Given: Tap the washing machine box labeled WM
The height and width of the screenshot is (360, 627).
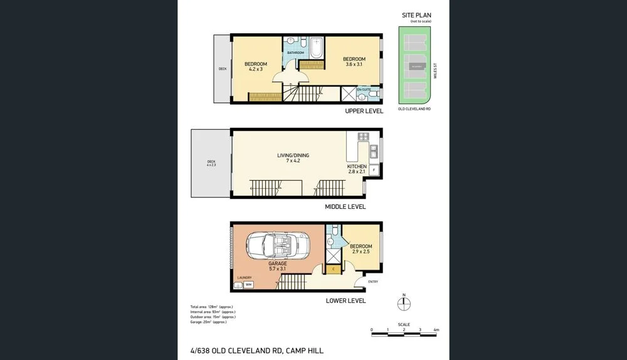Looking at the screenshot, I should click(x=248, y=285).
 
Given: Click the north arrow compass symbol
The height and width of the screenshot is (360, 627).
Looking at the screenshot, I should click(x=404, y=303).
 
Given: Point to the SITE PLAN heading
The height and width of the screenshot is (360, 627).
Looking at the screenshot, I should click(x=416, y=15).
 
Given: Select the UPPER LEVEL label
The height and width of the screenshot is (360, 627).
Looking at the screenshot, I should click(x=364, y=111).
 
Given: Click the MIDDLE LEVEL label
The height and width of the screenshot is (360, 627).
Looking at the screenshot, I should click(x=345, y=206).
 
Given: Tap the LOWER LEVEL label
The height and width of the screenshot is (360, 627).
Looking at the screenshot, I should click(x=345, y=301).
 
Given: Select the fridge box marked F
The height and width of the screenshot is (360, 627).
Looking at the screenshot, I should click(x=374, y=170).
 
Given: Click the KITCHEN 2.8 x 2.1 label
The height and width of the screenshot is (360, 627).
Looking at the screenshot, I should click(x=356, y=169).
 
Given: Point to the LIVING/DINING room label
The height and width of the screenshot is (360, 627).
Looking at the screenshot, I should click(x=293, y=158).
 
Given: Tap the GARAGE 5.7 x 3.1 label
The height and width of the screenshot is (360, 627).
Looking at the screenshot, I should click(x=277, y=266).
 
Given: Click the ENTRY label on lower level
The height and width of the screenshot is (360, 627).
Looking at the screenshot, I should click(x=373, y=282).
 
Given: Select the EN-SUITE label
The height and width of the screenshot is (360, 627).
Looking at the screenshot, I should click(x=364, y=90).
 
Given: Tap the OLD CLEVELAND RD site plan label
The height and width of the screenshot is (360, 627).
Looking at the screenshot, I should click(x=414, y=109).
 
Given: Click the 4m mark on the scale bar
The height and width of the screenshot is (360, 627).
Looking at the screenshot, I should click(x=436, y=330).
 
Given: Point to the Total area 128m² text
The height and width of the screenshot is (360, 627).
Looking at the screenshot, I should click(x=212, y=307).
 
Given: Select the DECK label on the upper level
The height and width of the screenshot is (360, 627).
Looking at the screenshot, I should click(x=222, y=69).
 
